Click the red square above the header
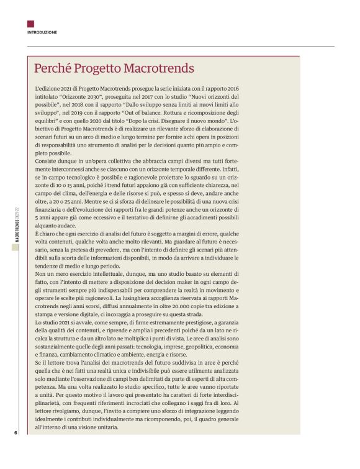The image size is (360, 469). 30,24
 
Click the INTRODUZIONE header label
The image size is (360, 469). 42,32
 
